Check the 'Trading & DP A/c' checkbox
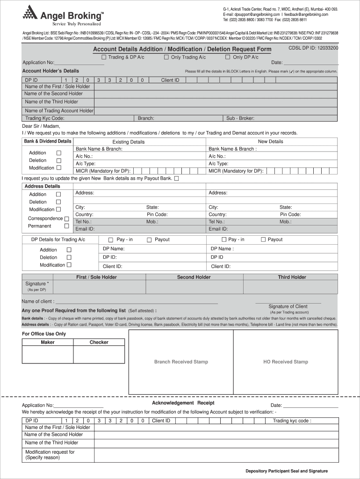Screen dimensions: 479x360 click(104, 57)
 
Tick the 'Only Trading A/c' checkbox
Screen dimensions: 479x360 click(166, 57)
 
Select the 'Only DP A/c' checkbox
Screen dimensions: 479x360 click(228, 57)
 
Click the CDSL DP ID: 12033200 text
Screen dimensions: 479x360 click(313, 48)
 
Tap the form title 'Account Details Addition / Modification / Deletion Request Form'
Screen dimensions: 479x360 click(182, 49)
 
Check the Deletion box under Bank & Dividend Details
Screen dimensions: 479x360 click(59, 160)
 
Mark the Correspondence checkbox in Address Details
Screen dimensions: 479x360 click(66, 218)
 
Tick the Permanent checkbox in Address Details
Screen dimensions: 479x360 click(66, 226)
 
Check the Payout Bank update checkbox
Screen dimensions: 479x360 click(176, 179)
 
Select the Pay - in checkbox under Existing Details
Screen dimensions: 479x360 click(111, 240)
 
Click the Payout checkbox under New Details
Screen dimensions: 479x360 click(263, 240)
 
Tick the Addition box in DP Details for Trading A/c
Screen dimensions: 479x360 click(69, 250)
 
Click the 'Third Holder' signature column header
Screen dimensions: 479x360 click(292, 277)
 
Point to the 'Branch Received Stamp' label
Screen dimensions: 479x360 click(181, 362)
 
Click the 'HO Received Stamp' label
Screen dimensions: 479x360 click(285, 362)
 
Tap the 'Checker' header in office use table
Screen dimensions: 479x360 click(99, 342)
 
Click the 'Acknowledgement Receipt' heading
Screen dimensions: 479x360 click(183, 403)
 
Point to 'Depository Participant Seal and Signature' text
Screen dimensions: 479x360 click(287, 471)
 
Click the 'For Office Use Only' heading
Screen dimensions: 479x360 click(44, 334)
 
